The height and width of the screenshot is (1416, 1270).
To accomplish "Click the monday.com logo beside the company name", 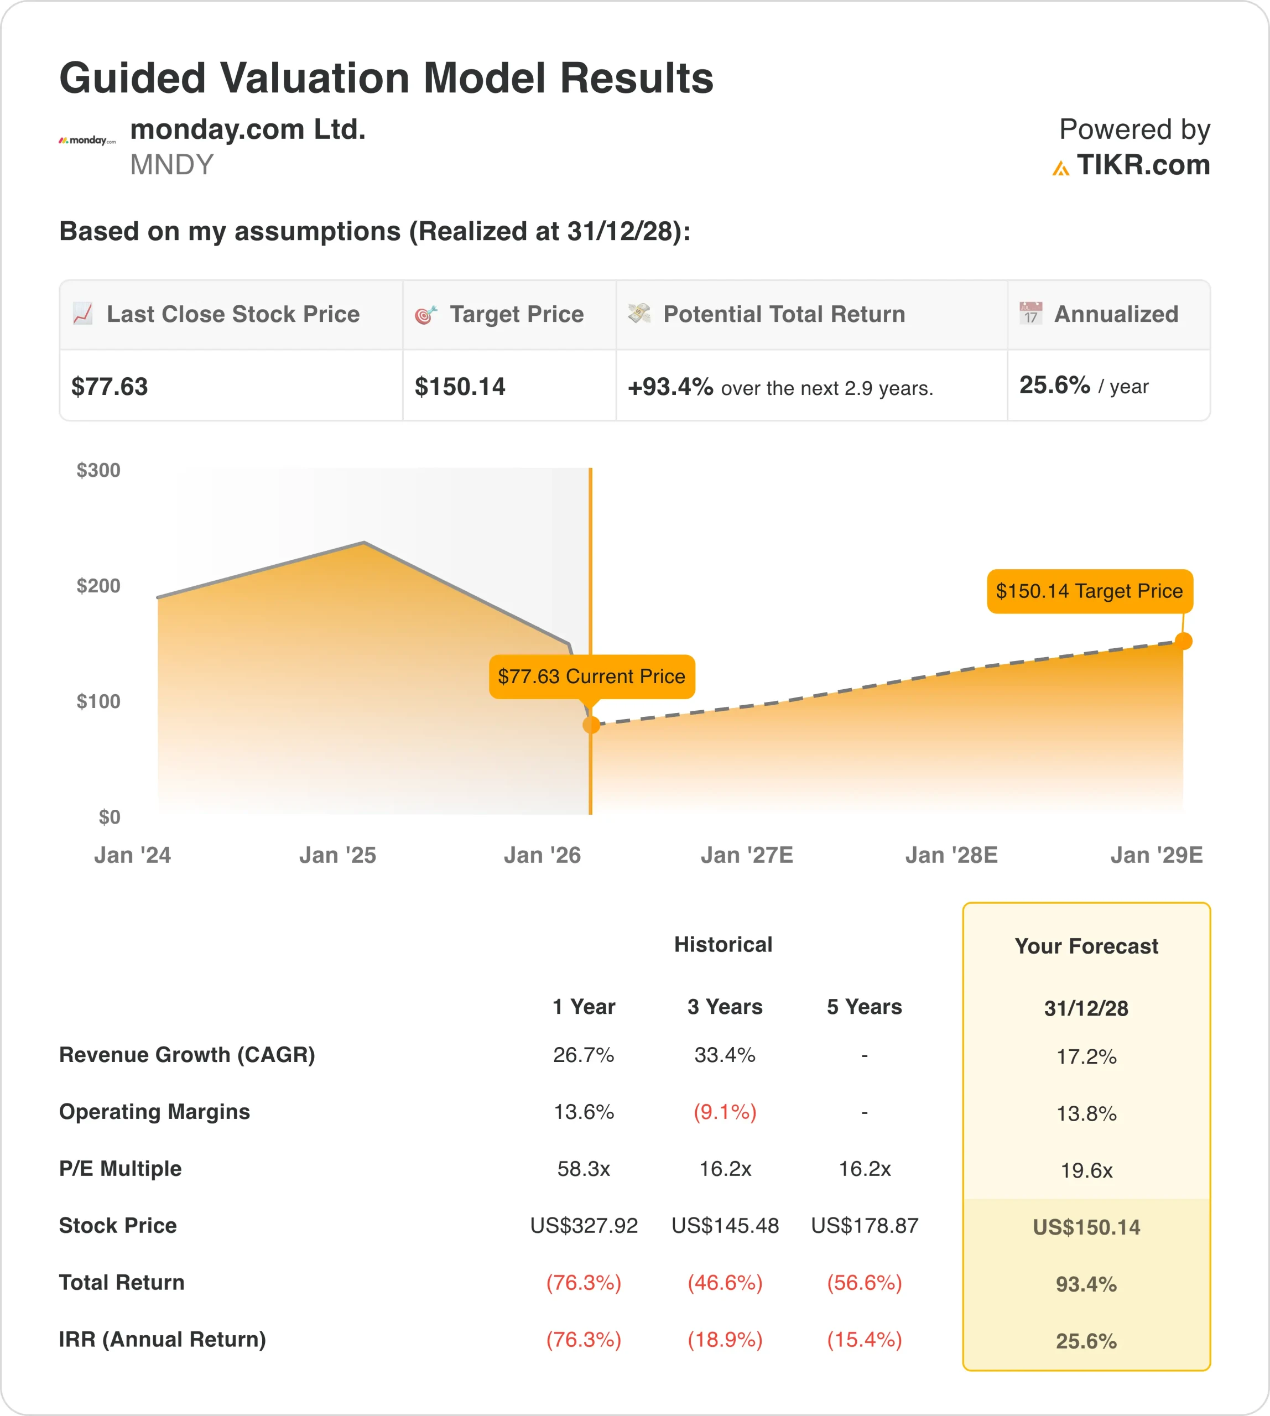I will click(x=86, y=140).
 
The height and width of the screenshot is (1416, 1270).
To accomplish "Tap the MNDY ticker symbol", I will click(x=171, y=165).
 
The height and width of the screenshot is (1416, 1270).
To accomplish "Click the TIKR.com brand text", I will click(x=1142, y=165).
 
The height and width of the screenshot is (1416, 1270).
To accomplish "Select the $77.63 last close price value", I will click(x=110, y=387).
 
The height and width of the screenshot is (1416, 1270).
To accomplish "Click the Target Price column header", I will click(x=517, y=315).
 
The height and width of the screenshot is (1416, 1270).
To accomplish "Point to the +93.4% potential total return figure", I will click(x=670, y=387).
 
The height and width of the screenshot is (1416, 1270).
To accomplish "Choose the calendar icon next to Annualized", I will click(x=1030, y=314).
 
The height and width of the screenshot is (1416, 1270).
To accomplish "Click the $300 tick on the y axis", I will click(x=98, y=470).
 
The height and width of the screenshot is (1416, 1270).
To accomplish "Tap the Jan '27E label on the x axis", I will click(x=747, y=855).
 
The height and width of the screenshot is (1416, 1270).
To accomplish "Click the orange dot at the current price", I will click(x=591, y=725).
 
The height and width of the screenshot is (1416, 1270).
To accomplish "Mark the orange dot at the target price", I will click(x=1184, y=641).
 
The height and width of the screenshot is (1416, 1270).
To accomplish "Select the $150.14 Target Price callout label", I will click(x=1089, y=591).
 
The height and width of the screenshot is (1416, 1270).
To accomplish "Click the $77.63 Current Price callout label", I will click(x=592, y=676).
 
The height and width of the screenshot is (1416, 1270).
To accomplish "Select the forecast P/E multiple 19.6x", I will click(x=1086, y=1170).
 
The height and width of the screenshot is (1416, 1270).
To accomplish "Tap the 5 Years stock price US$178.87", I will click(x=865, y=1226).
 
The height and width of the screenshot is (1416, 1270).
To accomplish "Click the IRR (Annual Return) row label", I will click(x=163, y=1339).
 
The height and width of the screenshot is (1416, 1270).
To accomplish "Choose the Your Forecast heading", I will click(x=1086, y=946).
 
